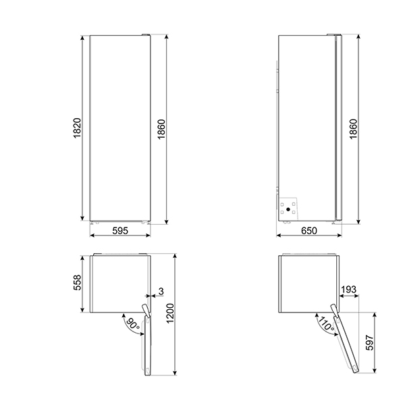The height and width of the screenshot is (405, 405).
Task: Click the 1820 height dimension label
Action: [x=77, y=128]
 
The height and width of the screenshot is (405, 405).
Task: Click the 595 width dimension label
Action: [x=120, y=230]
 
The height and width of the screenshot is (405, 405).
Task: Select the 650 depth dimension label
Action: [x=309, y=230]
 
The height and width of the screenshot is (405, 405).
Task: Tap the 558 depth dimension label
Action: [x=77, y=282]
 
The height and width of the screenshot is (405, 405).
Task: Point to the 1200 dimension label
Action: [x=170, y=313]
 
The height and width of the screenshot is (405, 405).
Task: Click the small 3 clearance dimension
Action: [x=161, y=292]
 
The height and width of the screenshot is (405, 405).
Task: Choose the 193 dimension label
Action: [x=349, y=290]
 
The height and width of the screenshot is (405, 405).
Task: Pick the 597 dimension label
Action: [x=370, y=342]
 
